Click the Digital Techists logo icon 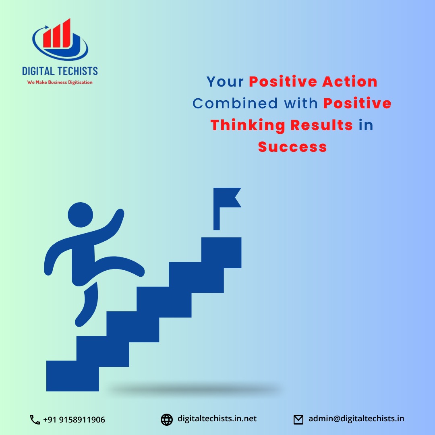60,39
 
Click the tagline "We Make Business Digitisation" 60,83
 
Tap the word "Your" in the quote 225,82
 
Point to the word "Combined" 235,104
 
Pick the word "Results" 321,125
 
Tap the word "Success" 292,147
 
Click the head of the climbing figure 80,215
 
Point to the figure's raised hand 119,213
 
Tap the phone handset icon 35,420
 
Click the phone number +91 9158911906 74,420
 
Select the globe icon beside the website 166,420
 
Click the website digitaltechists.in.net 217,419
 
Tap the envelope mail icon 298,420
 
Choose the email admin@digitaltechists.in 356,419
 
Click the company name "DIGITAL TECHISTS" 60,71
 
